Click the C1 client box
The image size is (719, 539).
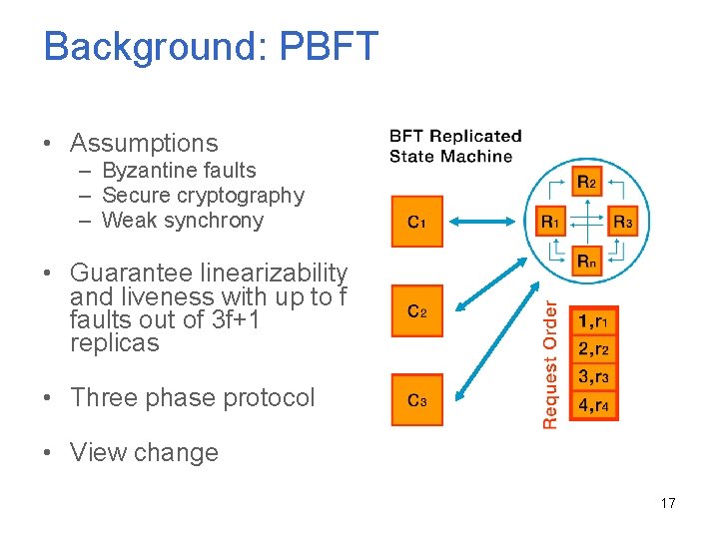[416, 221]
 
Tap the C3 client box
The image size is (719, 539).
[416, 400]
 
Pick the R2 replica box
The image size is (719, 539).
[587, 182]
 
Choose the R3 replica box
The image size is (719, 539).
[622, 222]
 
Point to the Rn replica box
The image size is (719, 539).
[587, 262]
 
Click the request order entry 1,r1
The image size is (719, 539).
[593, 320]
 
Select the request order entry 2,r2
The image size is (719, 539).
[593, 348]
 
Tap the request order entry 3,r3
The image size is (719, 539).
[593, 376]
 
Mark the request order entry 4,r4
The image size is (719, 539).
[593, 405]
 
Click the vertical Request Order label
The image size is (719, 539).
[549, 365]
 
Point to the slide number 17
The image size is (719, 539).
[668, 503]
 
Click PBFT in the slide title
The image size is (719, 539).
[330, 47]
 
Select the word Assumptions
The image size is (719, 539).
[144, 143]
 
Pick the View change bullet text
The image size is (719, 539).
[144, 452]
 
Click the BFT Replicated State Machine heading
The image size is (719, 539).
[454, 146]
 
